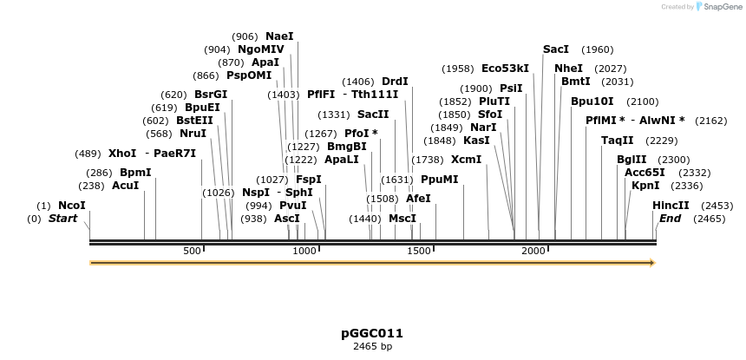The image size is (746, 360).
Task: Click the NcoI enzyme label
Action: click(72, 206)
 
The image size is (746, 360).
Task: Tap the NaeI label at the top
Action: click(279, 36)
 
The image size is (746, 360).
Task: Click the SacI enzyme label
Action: click(556, 49)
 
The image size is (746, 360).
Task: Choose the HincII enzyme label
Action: click(671, 206)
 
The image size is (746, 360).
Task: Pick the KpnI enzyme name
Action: click(645, 186)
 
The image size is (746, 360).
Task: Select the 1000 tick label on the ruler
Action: click(305, 251)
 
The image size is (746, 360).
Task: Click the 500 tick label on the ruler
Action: click(192, 251)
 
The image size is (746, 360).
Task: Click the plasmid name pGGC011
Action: click(372, 333)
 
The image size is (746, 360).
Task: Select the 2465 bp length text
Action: click(372, 346)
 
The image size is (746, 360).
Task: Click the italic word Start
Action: click(62, 219)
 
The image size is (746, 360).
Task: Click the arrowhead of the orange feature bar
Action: click(652, 263)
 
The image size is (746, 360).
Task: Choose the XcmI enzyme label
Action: click(466, 160)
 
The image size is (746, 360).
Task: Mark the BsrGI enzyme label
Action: click(211, 95)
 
